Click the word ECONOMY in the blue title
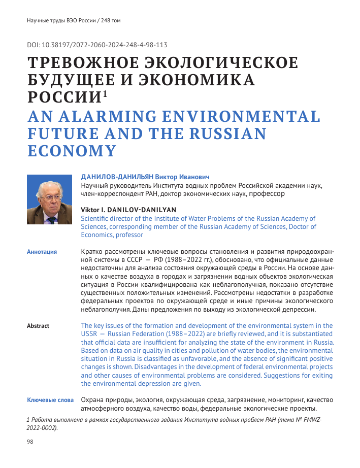[x=72, y=151]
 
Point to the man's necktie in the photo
[x=50, y=220]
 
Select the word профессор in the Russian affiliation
[x=266, y=193]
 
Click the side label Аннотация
[x=42, y=252]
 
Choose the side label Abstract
[x=38, y=326]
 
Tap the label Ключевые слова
[x=50, y=400]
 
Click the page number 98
[x=29, y=442]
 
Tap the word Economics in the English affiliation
[x=97, y=235]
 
